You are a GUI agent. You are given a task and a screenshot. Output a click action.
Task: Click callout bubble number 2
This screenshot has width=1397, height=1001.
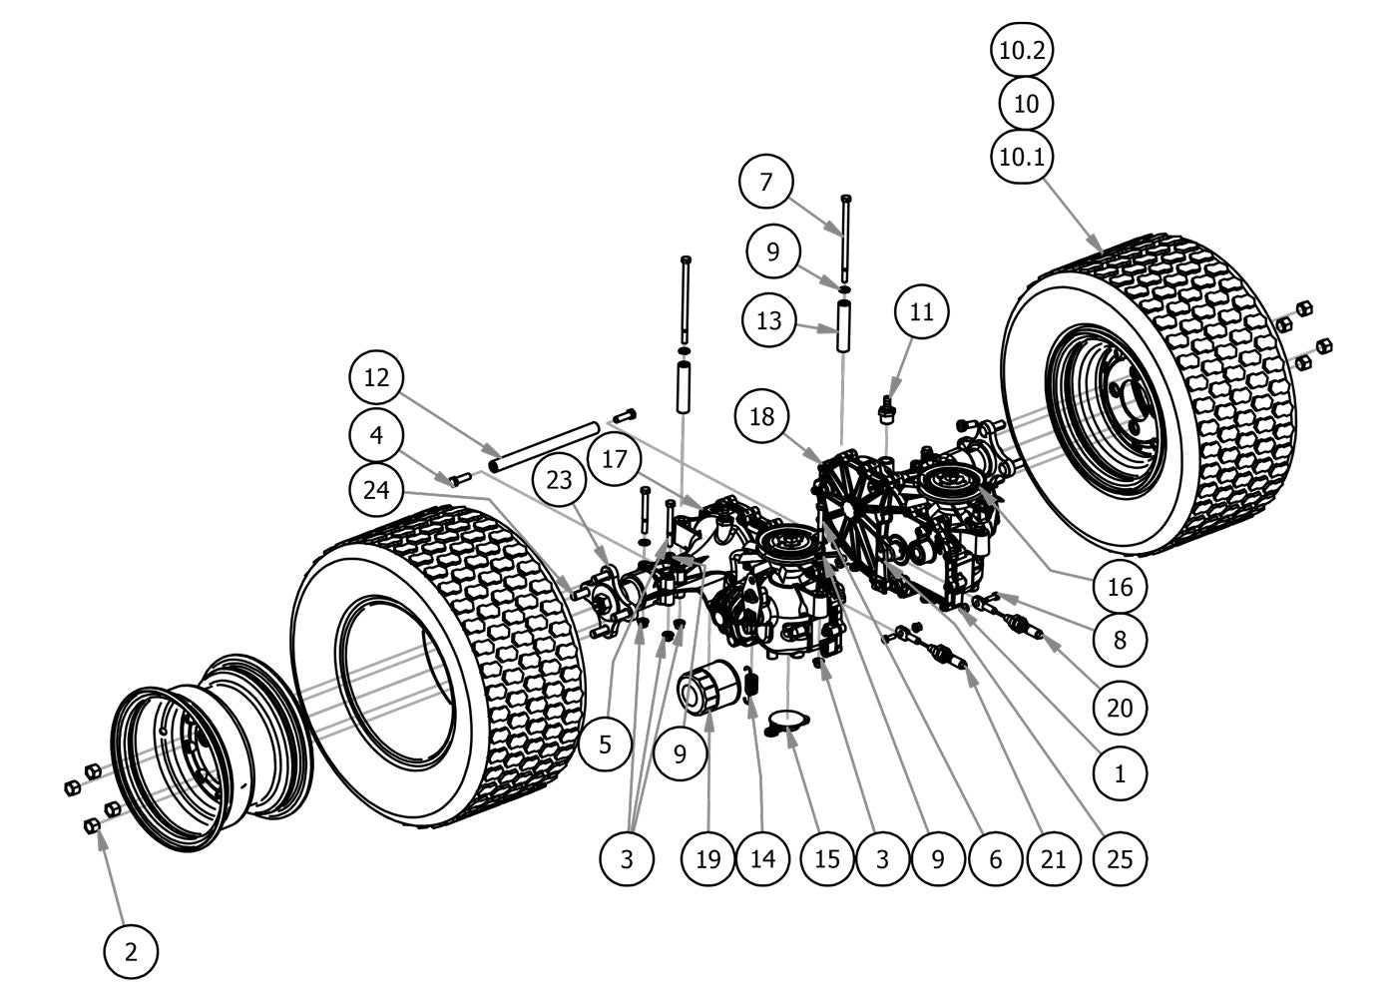[131, 951]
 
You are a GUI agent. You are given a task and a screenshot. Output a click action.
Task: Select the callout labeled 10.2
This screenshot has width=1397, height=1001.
[1022, 50]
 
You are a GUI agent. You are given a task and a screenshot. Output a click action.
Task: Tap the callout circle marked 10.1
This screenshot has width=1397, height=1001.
[1022, 157]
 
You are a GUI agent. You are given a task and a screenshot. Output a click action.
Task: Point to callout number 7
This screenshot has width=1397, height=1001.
[766, 182]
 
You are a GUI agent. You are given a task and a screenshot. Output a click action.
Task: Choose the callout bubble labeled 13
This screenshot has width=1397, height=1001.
[770, 321]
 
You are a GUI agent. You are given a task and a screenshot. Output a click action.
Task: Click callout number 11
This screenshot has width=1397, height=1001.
[921, 311]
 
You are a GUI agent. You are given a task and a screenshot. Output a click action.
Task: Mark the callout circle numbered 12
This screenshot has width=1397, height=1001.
[377, 378]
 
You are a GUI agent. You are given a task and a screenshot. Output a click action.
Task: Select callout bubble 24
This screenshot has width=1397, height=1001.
[377, 490]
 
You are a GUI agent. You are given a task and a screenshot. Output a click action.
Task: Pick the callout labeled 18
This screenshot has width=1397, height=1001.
[762, 416]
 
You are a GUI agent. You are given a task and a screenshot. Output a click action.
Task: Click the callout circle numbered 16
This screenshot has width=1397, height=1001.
[1121, 586]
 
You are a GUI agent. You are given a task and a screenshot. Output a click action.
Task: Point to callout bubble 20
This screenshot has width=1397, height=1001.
[1121, 707]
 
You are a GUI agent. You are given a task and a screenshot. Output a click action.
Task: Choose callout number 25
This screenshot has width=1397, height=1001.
[1121, 857]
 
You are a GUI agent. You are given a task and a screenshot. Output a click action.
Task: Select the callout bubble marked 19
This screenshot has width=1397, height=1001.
[708, 857]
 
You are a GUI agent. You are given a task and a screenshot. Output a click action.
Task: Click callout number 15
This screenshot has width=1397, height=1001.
[827, 857]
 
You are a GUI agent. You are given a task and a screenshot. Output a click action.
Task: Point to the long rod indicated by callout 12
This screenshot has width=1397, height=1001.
[544, 447]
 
